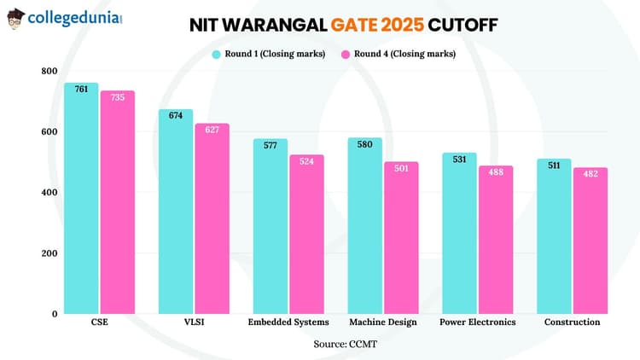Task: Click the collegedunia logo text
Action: point(75,17)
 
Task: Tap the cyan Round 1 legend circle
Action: point(217,55)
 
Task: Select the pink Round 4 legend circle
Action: point(347,55)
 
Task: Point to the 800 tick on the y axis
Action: point(49,71)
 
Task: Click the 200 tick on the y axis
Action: point(49,253)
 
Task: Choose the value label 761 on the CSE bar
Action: point(81,89)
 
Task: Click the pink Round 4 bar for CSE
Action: point(117,205)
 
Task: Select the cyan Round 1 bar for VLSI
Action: point(176,213)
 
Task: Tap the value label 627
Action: point(212,130)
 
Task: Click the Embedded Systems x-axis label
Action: point(288,322)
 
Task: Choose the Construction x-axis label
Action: point(572,322)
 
